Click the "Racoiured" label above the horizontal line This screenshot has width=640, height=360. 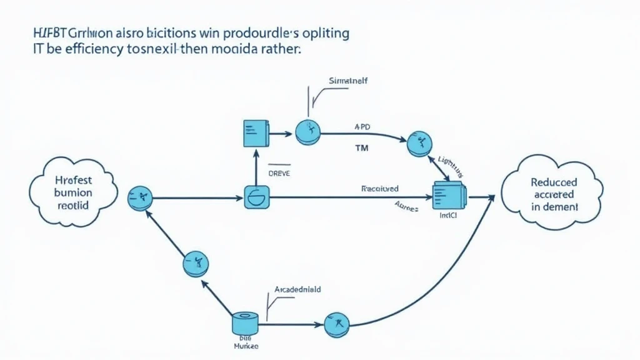[380, 187]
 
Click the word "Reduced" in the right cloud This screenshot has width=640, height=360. [554, 182]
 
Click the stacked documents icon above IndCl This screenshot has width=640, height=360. [449, 195]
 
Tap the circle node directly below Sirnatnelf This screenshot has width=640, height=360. [308, 131]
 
